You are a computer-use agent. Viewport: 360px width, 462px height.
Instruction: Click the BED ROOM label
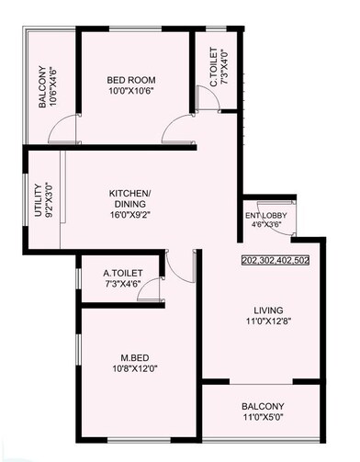point(131,80)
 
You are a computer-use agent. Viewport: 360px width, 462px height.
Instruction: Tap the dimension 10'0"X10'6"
point(131,91)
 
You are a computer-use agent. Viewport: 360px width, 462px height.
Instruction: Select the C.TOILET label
point(213,66)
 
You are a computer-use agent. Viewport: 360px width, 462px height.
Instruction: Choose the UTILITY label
point(38,200)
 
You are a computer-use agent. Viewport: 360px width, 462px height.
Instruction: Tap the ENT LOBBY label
point(266,215)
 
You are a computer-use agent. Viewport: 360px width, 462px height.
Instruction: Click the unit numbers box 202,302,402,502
point(276,260)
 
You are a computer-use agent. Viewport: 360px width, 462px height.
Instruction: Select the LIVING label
point(268,310)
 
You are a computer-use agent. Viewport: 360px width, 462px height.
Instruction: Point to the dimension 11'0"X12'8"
point(268,321)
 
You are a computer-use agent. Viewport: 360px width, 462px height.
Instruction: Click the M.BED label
point(135,357)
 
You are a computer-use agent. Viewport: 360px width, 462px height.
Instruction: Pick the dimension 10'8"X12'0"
point(135,368)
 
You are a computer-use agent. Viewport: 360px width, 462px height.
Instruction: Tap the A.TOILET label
point(123,273)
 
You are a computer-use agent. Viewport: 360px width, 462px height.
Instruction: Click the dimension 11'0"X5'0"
point(263,417)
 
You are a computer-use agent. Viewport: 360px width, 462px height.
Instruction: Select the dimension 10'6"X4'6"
point(53,87)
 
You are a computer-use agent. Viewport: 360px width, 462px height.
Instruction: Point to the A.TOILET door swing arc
point(144,286)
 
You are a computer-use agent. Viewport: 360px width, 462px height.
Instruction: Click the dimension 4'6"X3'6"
point(266,224)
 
